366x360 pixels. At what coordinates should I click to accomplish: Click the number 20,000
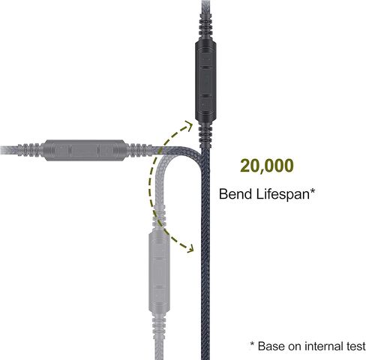pyautogui.click(x=267, y=166)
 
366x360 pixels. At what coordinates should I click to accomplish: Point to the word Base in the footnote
pyautogui.click(x=271, y=346)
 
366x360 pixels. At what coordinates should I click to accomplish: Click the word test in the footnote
pyautogui.click(x=356, y=346)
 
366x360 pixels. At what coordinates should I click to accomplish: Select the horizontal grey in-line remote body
pyautogui.click(x=85, y=150)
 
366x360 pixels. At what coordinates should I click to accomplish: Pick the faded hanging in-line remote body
pyautogui.click(x=160, y=271)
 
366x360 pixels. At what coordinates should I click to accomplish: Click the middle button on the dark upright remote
pyautogui.click(x=206, y=80)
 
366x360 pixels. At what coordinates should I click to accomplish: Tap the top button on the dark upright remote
pyautogui.click(x=206, y=58)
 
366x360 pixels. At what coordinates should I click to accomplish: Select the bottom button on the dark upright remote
pyautogui.click(x=206, y=104)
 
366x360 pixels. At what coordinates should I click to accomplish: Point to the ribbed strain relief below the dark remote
pyautogui.click(x=205, y=136)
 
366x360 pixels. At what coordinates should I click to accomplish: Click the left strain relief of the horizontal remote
pyautogui.click(x=29, y=150)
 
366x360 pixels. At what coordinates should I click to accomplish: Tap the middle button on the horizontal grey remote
pyautogui.click(x=85, y=150)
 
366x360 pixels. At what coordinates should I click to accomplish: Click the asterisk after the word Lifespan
pyautogui.click(x=312, y=191)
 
